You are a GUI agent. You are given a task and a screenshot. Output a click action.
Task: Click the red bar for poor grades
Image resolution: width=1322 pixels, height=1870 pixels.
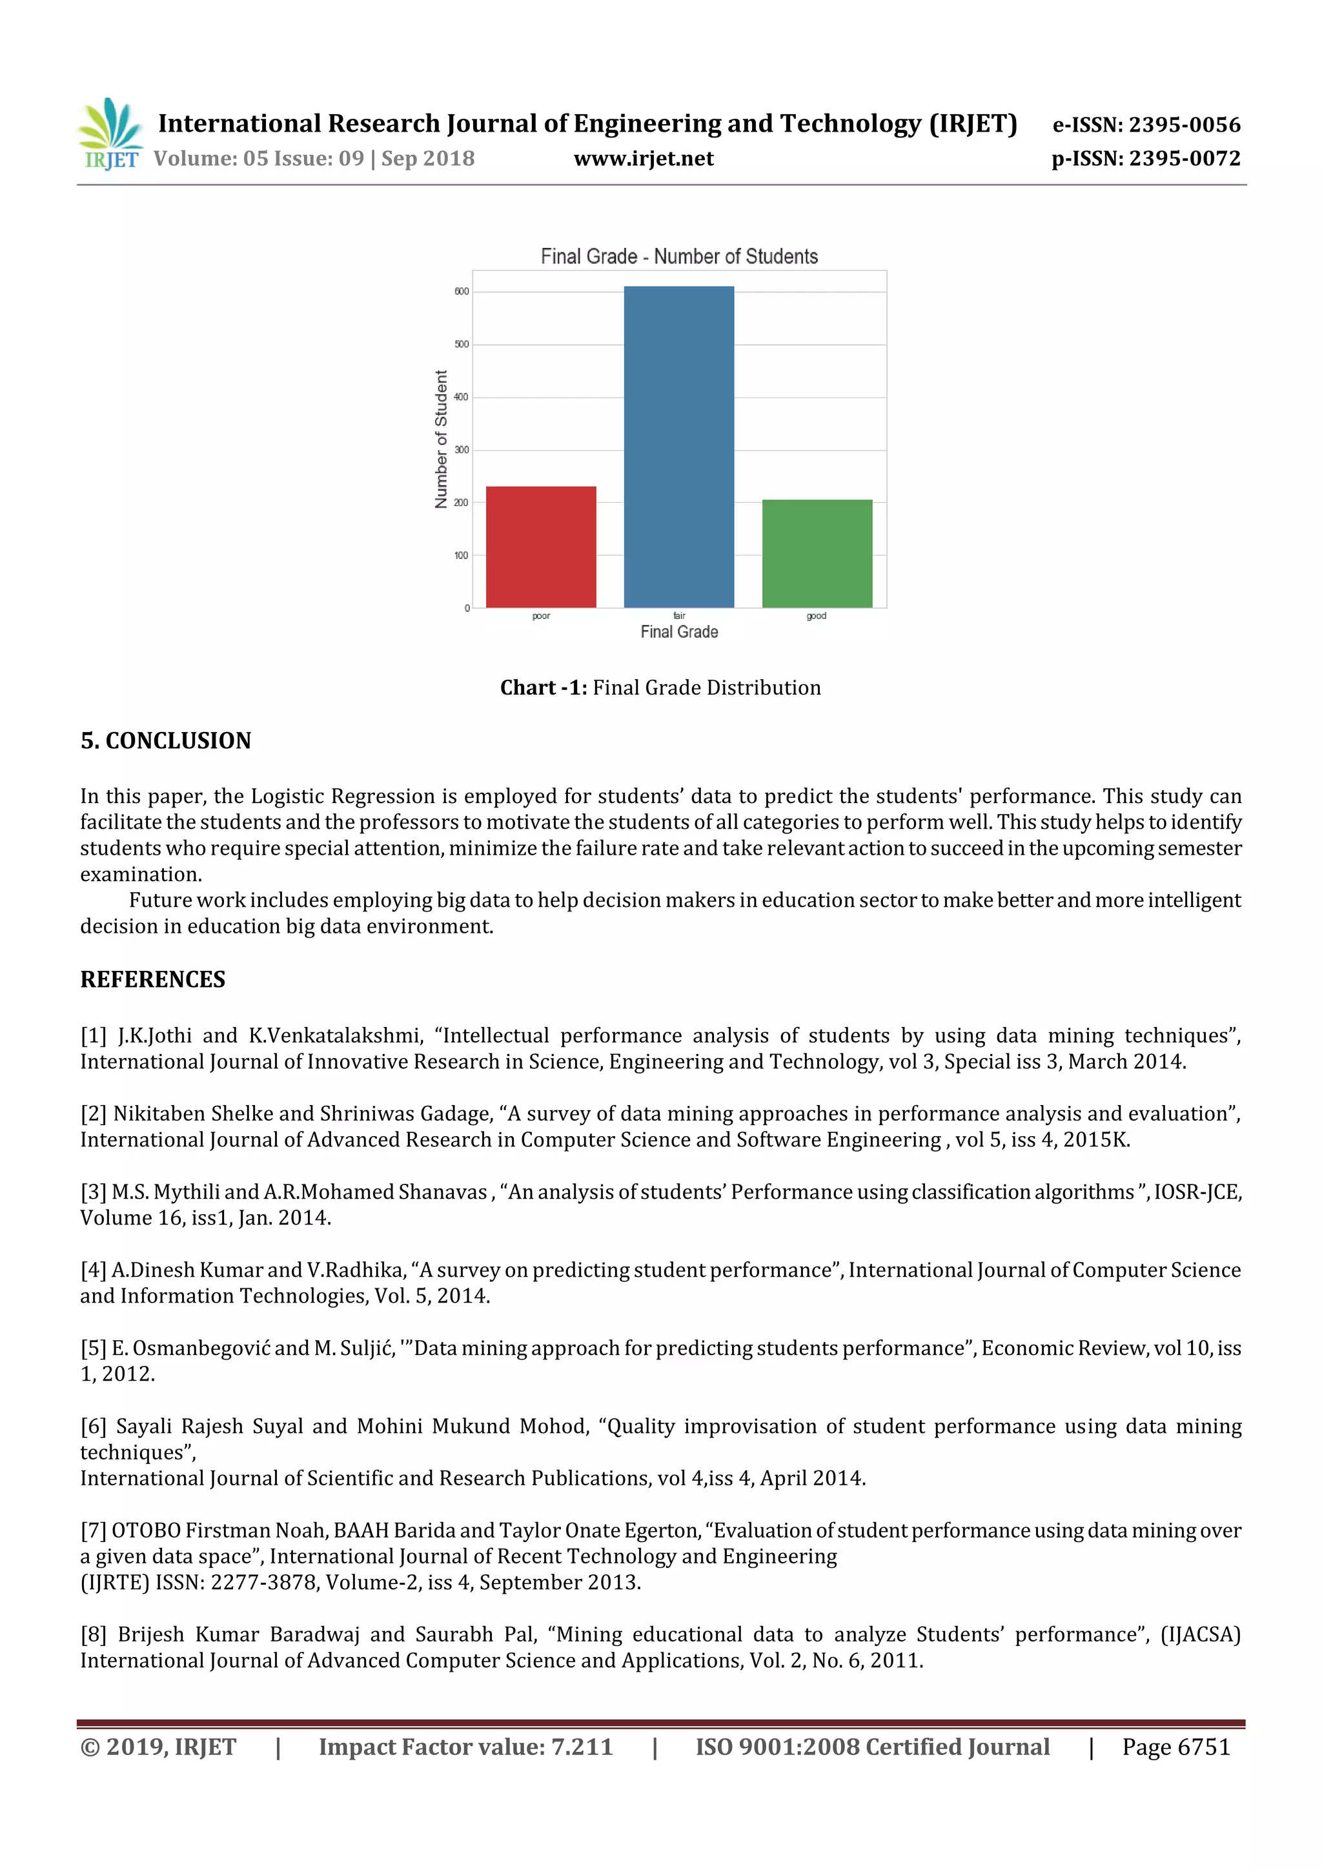(x=541, y=547)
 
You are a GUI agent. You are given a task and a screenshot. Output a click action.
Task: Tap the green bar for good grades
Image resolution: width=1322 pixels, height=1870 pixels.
(x=817, y=553)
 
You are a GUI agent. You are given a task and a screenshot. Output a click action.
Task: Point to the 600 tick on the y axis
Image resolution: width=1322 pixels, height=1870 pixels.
(x=462, y=292)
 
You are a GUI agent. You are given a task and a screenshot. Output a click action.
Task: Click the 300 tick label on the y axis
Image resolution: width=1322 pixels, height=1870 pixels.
(x=462, y=449)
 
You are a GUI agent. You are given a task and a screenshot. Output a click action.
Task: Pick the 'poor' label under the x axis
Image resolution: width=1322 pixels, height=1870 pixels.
(x=541, y=616)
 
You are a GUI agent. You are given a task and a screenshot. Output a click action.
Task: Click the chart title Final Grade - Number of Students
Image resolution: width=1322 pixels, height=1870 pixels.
(x=678, y=256)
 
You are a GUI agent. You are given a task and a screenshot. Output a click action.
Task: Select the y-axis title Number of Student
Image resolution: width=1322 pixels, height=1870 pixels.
(x=442, y=439)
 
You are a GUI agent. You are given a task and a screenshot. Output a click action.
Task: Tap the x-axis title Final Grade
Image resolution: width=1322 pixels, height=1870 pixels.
(x=678, y=632)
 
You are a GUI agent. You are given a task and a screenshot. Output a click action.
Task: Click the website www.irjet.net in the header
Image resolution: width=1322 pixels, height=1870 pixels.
(x=644, y=158)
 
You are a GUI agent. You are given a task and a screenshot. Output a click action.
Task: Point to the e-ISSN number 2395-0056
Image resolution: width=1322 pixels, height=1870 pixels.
(x=1185, y=125)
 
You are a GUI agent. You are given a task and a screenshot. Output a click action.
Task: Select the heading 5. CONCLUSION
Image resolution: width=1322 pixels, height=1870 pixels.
(x=165, y=740)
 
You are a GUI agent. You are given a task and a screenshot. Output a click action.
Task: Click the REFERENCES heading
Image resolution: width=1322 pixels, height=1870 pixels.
(x=152, y=979)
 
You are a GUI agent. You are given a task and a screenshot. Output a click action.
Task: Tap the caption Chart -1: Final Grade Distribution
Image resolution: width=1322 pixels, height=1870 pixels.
(x=660, y=687)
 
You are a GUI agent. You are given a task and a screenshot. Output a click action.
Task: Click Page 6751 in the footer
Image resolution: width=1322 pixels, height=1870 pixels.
(x=1175, y=1746)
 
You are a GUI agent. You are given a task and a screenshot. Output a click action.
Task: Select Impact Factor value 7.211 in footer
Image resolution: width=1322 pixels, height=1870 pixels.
(x=465, y=1746)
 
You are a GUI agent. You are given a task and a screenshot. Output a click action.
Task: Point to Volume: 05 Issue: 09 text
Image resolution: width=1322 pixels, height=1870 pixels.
(x=258, y=158)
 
